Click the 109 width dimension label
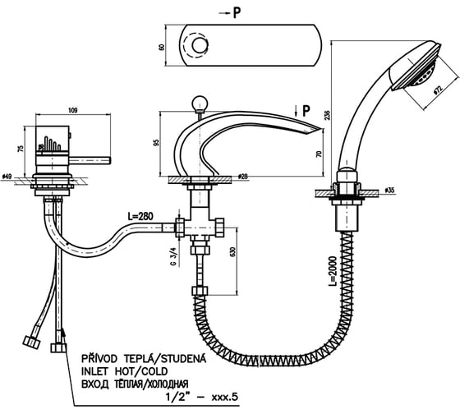coord(73,110)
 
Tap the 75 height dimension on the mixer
coord(21,148)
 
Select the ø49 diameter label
coord(7,177)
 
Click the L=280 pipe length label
coord(140,217)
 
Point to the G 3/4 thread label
coord(174,257)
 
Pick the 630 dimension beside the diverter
coord(233,251)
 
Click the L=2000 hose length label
coord(332,271)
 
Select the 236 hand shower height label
coord(327,114)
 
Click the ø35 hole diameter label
coord(389,190)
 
